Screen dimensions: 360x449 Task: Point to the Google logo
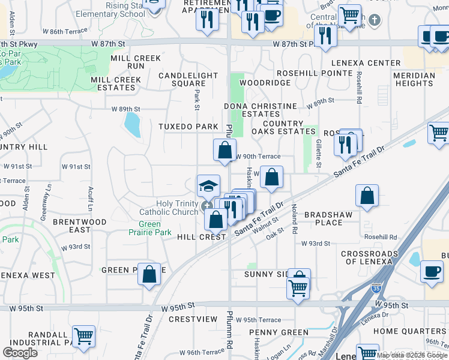(x=20, y=353)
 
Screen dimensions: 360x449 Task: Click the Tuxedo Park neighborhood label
(x=188, y=127)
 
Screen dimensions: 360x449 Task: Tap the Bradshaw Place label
(x=324, y=218)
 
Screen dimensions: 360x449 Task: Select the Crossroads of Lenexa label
(x=369, y=257)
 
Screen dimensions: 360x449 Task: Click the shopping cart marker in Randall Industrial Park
(x=83, y=336)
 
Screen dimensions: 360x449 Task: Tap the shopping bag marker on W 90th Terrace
(x=224, y=150)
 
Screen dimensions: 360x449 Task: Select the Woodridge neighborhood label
(x=265, y=83)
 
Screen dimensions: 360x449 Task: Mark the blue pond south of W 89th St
(x=131, y=125)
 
